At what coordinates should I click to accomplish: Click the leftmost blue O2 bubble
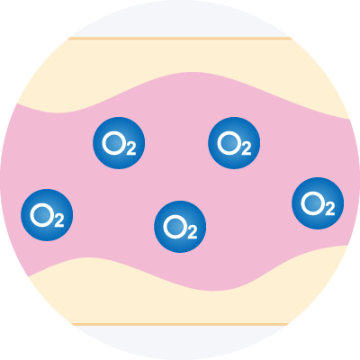click(47, 215)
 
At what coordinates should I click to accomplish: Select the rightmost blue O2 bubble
click(318, 203)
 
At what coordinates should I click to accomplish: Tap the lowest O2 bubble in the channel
click(180, 227)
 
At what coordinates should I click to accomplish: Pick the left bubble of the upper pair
click(119, 143)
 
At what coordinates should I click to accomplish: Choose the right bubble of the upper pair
click(234, 143)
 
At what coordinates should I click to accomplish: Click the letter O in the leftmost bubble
click(41, 215)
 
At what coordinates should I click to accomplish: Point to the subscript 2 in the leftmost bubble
click(59, 220)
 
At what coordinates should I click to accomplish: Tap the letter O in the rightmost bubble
click(312, 203)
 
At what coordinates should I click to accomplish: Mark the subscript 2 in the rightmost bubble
click(330, 209)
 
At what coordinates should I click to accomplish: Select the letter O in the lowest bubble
click(175, 227)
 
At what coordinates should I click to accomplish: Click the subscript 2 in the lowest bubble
click(193, 232)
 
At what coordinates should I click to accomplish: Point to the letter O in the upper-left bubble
click(113, 143)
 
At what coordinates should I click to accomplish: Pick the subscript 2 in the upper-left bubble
click(131, 148)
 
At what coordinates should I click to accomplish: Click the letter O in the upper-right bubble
click(229, 143)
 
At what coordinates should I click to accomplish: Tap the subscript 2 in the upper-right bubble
click(247, 148)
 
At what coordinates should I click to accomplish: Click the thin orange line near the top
click(180, 39)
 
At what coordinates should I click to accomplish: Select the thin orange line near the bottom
click(180, 324)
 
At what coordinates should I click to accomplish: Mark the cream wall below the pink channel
click(180, 306)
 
